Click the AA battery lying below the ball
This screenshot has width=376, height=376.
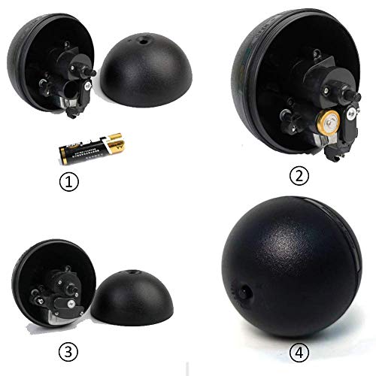pos(92,146)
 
